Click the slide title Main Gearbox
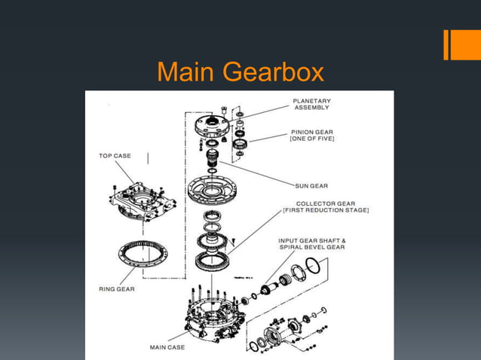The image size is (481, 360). (240, 73)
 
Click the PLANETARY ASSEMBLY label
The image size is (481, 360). (311, 105)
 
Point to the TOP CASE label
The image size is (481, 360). (114, 157)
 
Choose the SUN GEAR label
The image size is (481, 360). (311, 183)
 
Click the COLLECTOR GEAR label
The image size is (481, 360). (326, 203)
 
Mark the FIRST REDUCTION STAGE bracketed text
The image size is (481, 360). (326, 211)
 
